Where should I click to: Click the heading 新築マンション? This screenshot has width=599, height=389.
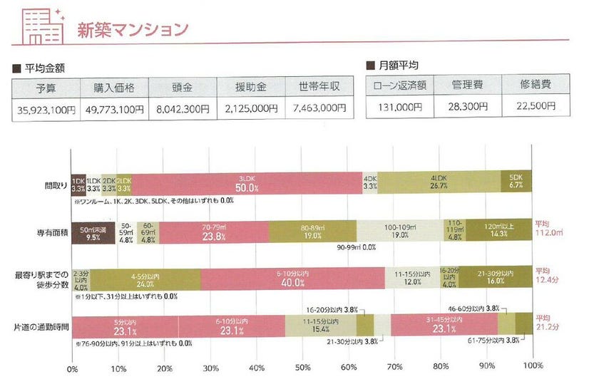(133, 28)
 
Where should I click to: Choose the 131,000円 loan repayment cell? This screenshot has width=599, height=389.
(399, 108)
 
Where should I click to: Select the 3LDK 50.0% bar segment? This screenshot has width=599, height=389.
(247, 184)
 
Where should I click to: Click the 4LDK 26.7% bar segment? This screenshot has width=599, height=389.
(439, 184)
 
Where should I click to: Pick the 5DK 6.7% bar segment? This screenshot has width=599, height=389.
(516, 184)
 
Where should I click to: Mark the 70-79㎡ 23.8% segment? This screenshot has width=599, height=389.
(213, 233)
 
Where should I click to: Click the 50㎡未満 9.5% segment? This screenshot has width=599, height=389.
(93, 233)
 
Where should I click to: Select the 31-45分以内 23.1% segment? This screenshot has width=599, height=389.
(444, 323)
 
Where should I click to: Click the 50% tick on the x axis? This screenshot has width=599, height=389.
(302, 369)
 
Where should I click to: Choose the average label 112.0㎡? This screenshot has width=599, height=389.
(549, 228)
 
